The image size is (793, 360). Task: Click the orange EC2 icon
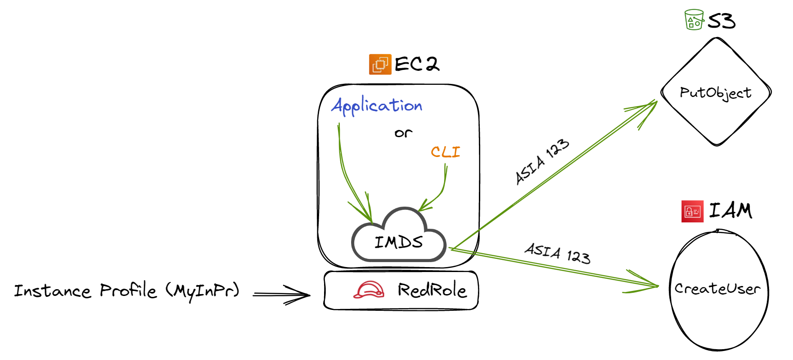point(380,64)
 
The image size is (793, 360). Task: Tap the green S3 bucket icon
point(694,20)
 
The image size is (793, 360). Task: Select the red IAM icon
point(692,211)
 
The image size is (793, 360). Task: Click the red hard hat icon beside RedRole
point(369,290)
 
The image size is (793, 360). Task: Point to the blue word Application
point(377,106)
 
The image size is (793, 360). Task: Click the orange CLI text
point(445,152)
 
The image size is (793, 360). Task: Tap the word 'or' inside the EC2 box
point(403,133)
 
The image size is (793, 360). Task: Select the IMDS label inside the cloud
point(399,243)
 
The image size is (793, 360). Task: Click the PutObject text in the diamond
point(715,93)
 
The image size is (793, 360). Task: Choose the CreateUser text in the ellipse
point(717,288)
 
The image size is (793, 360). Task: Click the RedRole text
point(432,290)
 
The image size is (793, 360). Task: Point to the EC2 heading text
point(417,64)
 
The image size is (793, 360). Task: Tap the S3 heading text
point(721,21)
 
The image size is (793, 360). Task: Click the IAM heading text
point(730,211)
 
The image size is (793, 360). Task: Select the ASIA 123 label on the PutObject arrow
point(542,162)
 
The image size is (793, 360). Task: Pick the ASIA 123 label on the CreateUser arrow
point(557,253)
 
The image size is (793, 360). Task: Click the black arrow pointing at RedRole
point(282,295)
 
